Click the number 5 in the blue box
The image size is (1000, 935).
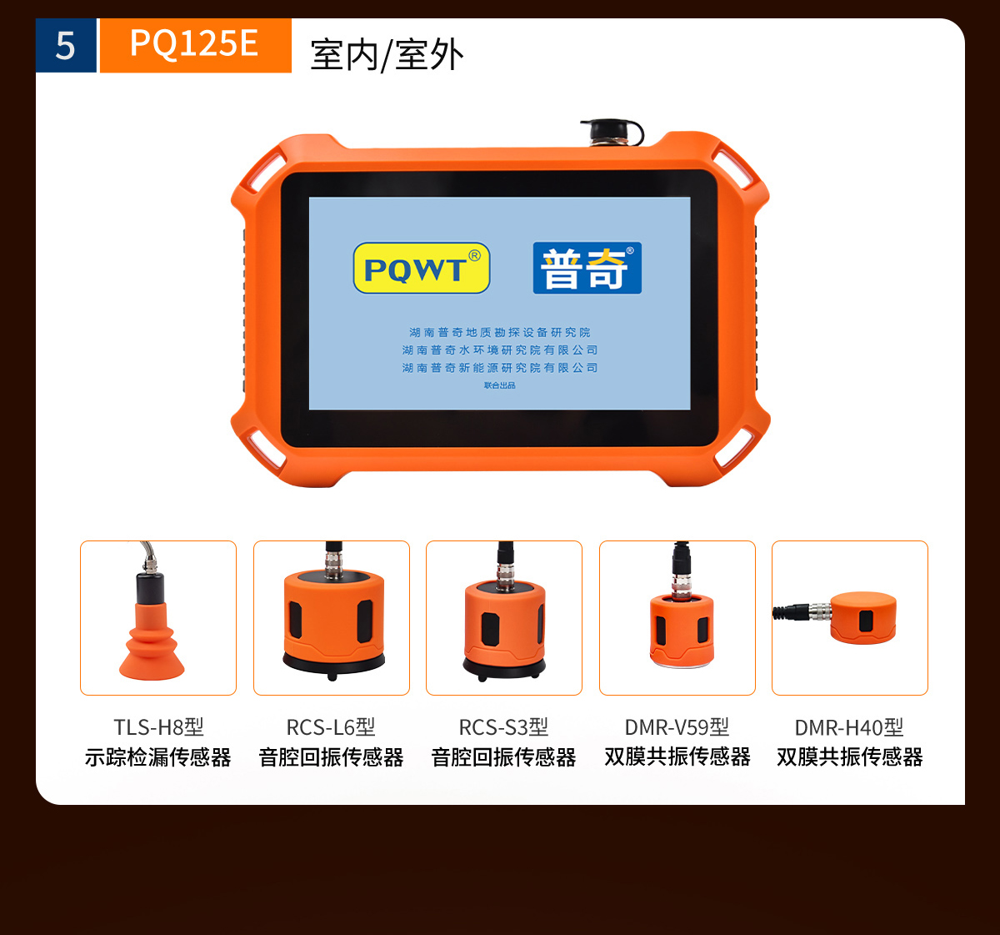(x=65, y=46)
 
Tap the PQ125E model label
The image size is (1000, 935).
(x=194, y=43)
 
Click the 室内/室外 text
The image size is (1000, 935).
(x=387, y=55)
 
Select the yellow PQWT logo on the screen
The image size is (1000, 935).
(x=422, y=269)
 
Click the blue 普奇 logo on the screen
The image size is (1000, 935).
(x=587, y=269)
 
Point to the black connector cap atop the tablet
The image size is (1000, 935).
(x=612, y=132)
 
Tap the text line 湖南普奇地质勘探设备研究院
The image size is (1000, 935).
(x=499, y=332)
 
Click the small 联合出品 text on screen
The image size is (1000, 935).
(x=499, y=385)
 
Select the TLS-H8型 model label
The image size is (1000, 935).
(x=158, y=727)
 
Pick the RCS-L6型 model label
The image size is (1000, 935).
(x=331, y=727)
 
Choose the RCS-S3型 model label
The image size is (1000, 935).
(x=503, y=727)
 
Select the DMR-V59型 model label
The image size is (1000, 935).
(x=677, y=727)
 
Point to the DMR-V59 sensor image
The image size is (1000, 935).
(x=682, y=626)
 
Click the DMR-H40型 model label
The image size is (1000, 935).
(x=849, y=727)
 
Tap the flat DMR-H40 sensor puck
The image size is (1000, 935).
(x=862, y=617)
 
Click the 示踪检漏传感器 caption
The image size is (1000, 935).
(x=158, y=757)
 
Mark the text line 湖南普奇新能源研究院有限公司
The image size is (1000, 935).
(x=499, y=368)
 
